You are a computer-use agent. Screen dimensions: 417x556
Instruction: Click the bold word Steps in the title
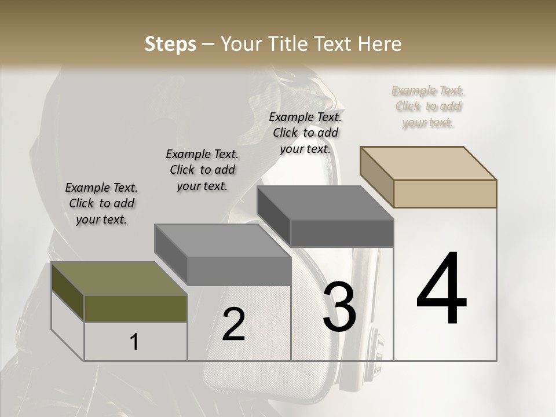click(x=170, y=44)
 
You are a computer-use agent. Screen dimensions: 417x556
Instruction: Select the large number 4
click(x=442, y=289)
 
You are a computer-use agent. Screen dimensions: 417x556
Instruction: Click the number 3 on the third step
click(x=339, y=307)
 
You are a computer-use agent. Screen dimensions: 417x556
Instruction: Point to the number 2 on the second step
click(x=233, y=324)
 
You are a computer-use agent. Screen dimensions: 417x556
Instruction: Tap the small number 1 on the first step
click(x=134, y=342)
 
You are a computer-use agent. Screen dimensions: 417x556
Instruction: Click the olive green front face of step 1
click(x=136, y=308)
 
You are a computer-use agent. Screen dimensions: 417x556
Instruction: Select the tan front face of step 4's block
click(x=445, y=193)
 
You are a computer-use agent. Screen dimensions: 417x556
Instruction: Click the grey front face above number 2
click(x=239, y=270)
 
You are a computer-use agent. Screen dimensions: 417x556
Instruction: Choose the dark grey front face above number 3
click(x=342, y=233)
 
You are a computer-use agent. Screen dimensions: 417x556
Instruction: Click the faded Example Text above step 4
click(x=428, y=107)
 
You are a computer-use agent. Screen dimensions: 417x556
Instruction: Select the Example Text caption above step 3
click(x=305, y=133)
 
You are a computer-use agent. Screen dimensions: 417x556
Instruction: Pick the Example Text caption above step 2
click(x=202, y=170)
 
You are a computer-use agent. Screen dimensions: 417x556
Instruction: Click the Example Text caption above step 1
click(x=101, y=203)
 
